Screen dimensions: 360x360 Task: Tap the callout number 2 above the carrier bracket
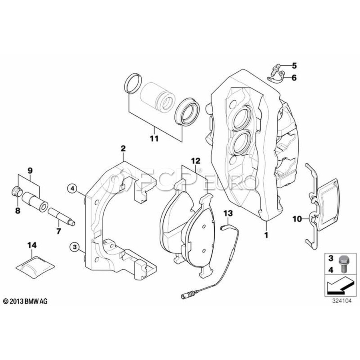pyautogui.click(x=123, y=149)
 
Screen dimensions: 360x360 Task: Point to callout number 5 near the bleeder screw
pyautogui.click(x=294, y=65)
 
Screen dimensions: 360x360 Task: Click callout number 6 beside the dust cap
pyautogui.click(x=294, y=78)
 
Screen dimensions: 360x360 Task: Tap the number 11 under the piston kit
pyautogui.click(x=154, y=139)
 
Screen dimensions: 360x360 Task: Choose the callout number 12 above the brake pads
pyautogui.click(x=195, y=161)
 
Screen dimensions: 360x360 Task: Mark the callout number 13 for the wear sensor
pyautogui.click(x=227, y=213)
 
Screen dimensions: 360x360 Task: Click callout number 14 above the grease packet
pyautogui.click(x=32, y=244)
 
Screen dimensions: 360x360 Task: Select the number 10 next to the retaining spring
pyautogui.click(x=296, y=218)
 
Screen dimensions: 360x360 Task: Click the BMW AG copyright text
pyautogui.click(x=25, y=301)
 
